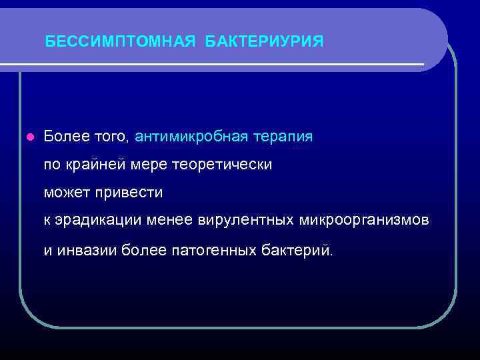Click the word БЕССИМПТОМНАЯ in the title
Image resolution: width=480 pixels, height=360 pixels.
coord(120,42)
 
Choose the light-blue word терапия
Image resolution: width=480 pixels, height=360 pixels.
coord(282,137)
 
